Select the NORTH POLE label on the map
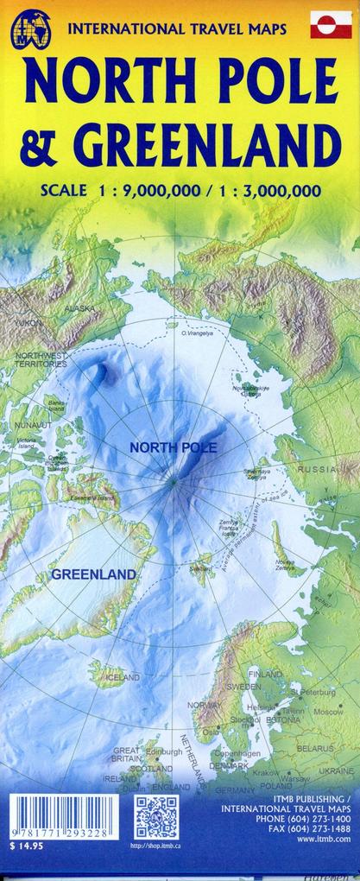[x=173, y=447]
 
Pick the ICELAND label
[x=122, y=678]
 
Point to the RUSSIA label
[x=318, y=469]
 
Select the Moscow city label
[x=328, y=712]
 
